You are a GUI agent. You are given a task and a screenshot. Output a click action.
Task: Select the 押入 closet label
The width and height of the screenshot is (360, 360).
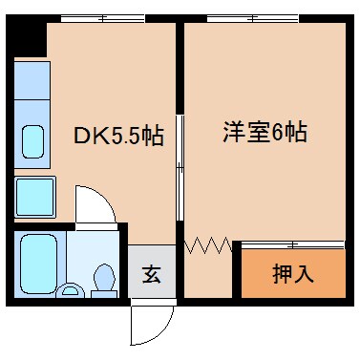tap(294, 274)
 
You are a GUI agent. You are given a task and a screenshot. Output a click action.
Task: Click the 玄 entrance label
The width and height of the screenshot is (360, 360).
tap(151, 275)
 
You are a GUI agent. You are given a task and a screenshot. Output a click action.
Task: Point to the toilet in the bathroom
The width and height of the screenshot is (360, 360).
tap(104, 277)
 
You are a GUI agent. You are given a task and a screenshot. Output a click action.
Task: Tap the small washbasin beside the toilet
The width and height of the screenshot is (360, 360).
tap(69, 290)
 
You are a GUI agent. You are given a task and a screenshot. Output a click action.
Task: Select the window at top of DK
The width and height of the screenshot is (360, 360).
tap(103, 18)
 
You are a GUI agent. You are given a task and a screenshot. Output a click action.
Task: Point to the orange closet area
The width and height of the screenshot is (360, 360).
tap(292, 273)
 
